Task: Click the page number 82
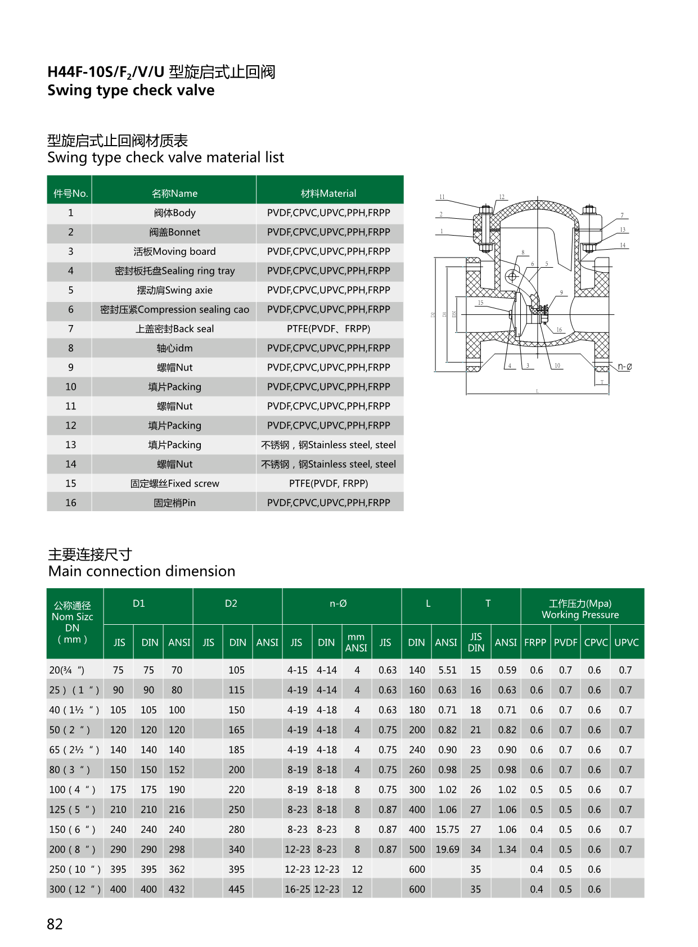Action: click(x=55, y=924)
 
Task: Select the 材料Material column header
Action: click(x=328, y=193)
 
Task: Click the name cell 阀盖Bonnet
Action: click(x=174, y=232)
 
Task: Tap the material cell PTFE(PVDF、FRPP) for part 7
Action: click(x=328, y=329)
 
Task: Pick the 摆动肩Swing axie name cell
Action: click(x=174, y=290)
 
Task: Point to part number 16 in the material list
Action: click(x=70, y=503)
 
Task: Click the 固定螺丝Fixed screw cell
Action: click(x=174, y=484)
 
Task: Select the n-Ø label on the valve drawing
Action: click(x=624, y=367)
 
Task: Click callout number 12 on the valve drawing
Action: click(x=502, y=197)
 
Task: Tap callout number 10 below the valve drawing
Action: click(x=557, y=366)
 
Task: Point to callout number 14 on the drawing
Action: click(x=623, y=245)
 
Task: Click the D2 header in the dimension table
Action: click(x=231, y=603)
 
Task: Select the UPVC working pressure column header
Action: click(x=627, y=642)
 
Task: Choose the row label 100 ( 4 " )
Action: click(x=72, y=790)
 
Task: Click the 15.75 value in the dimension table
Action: click(x=447, y=829)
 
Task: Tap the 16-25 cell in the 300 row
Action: click(x=297, y=889)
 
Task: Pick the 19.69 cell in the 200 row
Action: click(x=447, y=849)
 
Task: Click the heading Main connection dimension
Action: click(x=142, y=571)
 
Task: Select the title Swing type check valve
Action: click(x=131, y=91)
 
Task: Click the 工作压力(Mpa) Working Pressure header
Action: click(x=580, y=609)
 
